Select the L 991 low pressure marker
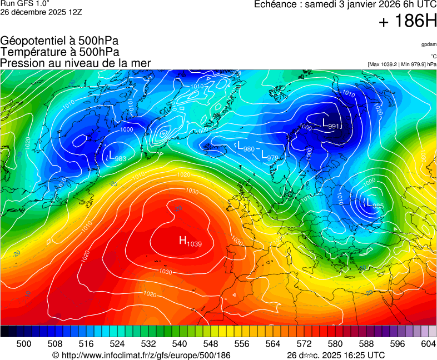pos(331,123)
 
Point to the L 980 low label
pos(246,148)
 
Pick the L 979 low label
pos(270,157)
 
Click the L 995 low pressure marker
pos(375,204)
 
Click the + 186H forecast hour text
pos(408,22)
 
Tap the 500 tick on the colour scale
pos(23,344)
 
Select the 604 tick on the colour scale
pos(428,344)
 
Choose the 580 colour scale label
pos(335,344)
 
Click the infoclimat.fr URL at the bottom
pos(141,354)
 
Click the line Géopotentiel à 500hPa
pos(59,41)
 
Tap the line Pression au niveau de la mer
pos(76,63)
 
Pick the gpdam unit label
pos(428,44)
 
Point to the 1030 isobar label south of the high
pos(165,272)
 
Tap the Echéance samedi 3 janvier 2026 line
pos(345,4)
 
